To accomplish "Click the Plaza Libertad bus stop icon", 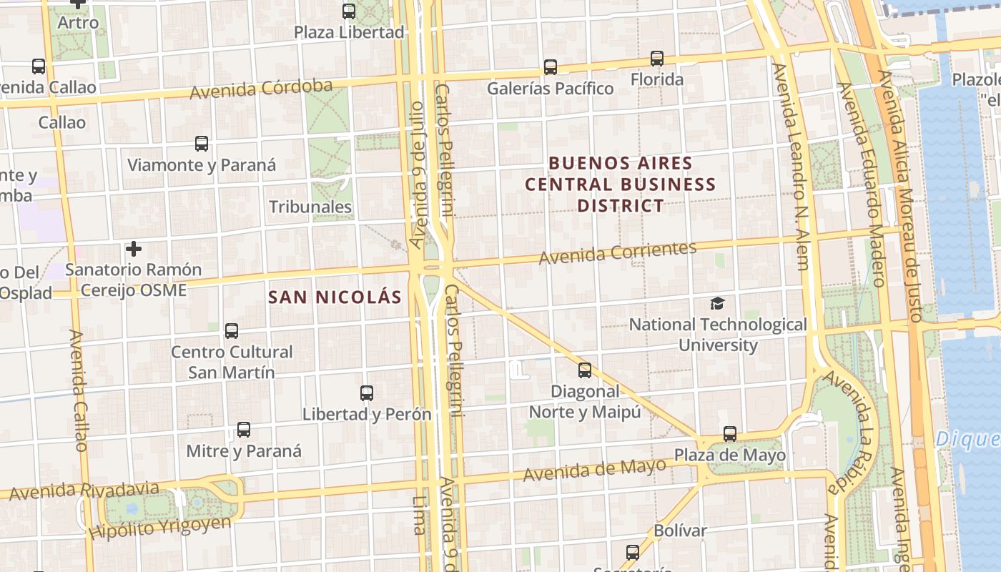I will pos(349,11).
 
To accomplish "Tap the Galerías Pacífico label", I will pos(550,89).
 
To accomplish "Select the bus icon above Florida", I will pos(657,59).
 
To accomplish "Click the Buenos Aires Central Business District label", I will pos(620,184).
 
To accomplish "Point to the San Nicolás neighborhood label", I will pos(335,297).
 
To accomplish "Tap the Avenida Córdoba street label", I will pos(261,89).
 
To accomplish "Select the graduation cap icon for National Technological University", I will pos(717,304).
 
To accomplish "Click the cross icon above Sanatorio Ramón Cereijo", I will pos(133,249).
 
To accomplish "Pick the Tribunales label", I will pos(310,207).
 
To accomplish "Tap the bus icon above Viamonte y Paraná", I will pos(202,144).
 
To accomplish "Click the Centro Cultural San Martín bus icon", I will pos(232,331).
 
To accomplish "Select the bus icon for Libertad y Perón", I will pos(367,393).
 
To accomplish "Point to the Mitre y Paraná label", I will pos(244,451).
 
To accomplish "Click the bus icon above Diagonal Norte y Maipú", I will pos(585,370).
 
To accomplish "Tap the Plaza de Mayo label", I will pos(730,455).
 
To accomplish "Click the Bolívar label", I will pos(680,531).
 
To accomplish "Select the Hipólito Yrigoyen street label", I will pos(161,527).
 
